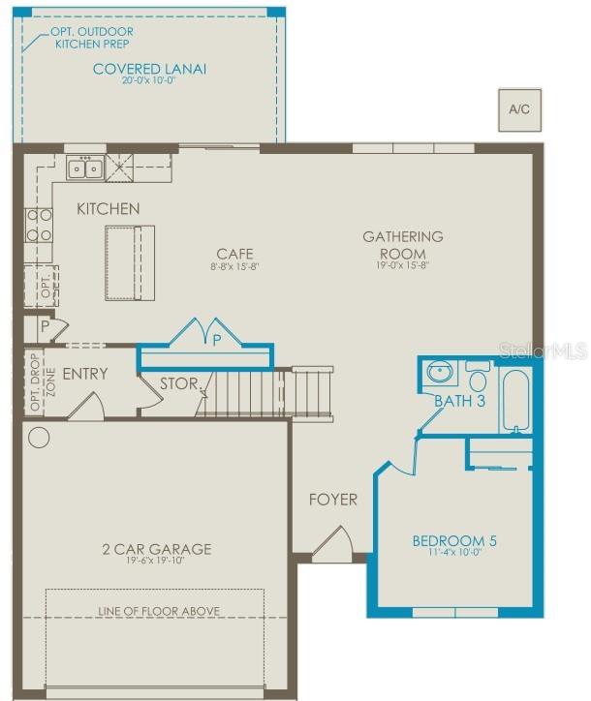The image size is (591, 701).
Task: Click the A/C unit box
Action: point(519,109)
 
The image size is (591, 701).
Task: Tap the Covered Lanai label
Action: point(150,70)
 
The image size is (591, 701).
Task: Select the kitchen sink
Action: point(85,169)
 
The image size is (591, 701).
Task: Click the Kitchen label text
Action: point(109,209)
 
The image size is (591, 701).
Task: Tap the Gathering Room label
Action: point(403,243)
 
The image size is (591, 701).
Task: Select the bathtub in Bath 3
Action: point(514,399)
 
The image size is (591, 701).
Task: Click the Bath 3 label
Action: point(459,402)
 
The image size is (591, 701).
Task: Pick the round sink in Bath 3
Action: point(441,373)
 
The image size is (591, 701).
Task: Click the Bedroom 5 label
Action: point(454,541)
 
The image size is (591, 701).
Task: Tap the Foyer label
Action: point(333,500)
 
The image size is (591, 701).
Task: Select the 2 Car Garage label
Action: point(157,550)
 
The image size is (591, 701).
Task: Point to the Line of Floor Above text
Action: point(159,611)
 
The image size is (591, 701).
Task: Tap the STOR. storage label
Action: point(178,382)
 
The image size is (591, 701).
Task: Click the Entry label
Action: point(85,374)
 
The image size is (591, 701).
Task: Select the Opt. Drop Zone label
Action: point(38,382)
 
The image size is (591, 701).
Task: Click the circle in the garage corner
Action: point(39,437)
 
